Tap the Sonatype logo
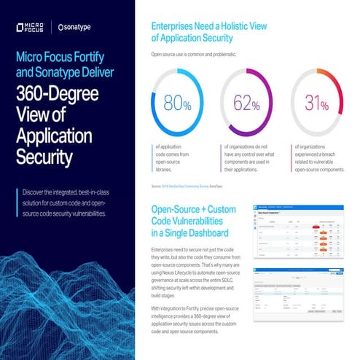[79, 29]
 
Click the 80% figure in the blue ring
[177, 104]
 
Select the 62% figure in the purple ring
[246, 104]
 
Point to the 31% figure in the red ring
[317, 104]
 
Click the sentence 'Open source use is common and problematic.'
[195, 55]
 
